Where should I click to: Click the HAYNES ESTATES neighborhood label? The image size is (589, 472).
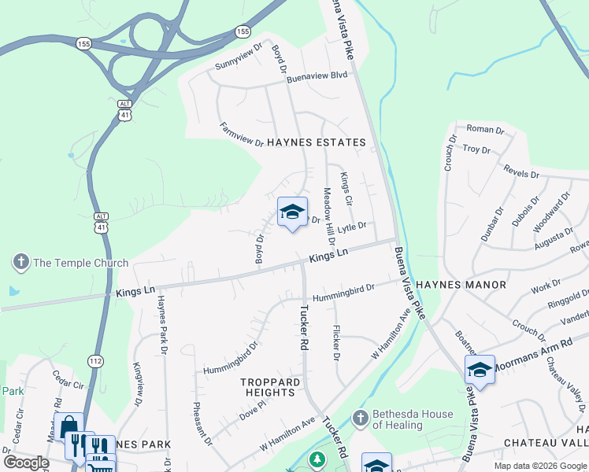[316, 142]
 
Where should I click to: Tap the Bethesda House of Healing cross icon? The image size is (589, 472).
[360, 417]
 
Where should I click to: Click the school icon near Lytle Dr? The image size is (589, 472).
[292, 212]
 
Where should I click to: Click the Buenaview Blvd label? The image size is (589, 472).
[317, 76]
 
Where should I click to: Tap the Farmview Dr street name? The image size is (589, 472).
[241, 135]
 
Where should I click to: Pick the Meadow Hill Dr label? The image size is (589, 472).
[328, 210]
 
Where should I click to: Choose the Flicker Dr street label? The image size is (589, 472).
[336, 343]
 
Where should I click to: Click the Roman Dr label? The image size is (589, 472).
[485, 129]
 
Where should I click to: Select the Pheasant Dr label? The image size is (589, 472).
[202, 425]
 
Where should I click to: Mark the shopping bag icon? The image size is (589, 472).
[69, 427]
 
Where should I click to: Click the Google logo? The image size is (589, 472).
[26, 463]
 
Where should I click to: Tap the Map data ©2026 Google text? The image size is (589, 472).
[539, 466]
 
